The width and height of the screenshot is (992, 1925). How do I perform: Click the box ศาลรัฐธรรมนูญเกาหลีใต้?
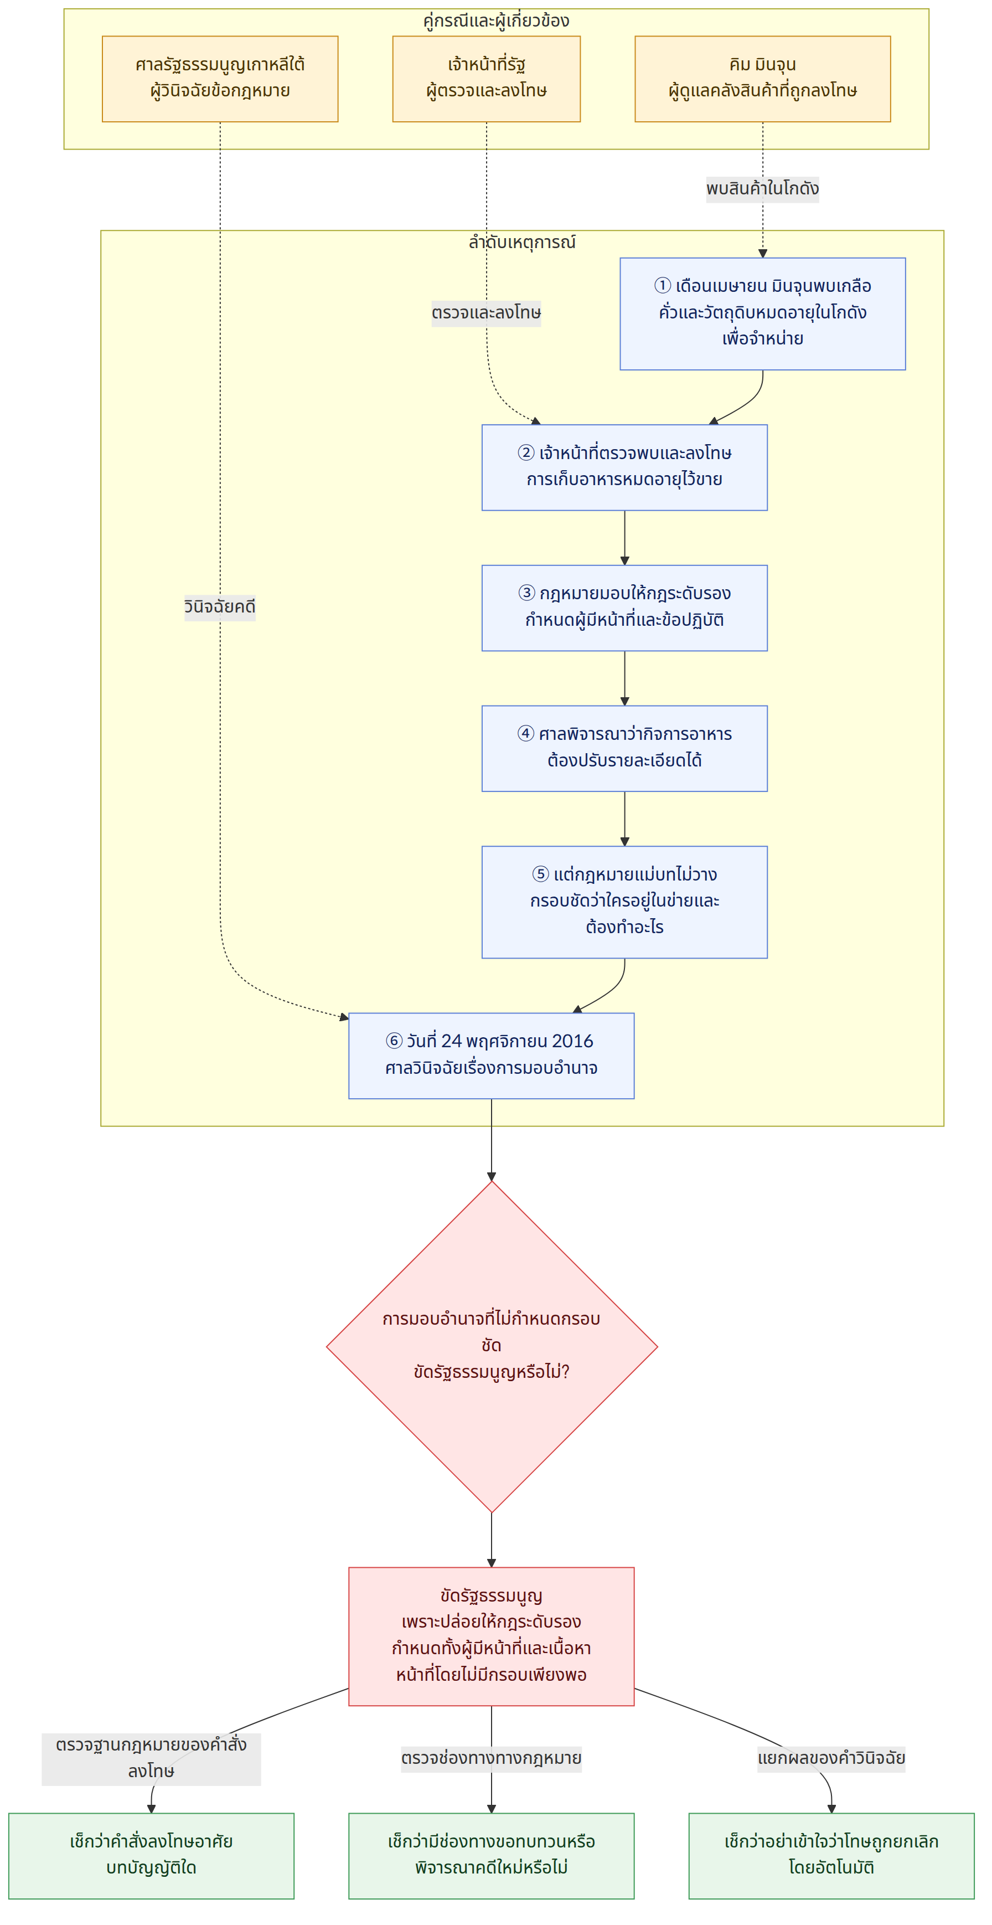pyautogui.click(x=220, y=79)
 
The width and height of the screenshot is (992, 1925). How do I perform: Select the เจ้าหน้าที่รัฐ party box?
pyautogui.click(x=486, y=79)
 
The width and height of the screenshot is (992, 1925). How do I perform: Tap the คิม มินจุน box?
pyautogui.click(x=763, y=79)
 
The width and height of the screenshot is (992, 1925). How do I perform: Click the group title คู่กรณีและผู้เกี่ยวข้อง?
pyautogui.click(x=496, y=20)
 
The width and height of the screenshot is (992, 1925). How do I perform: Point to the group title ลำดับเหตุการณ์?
pyautogui.click(x=522, y=241)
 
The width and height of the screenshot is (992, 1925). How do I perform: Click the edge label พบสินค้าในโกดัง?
pyautogui.click(x=763, y=188)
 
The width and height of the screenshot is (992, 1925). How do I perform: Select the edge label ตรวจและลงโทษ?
pyautogui.click(x=486, y=312)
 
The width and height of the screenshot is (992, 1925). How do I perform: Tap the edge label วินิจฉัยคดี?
pyautogui.click(x=220, y=606)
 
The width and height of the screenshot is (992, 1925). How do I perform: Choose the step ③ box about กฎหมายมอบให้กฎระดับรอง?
pyautogui.click(x=624, y=608)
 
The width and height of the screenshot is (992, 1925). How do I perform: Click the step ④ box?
pyautogui.click(x=624, y=749)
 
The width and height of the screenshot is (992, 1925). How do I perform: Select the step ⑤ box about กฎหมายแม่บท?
pyautogui.click(x=624, y=902)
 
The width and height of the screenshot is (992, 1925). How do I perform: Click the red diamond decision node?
pyautogui.click(x=492, y=1347)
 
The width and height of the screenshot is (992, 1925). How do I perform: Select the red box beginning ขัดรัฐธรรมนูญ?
pyautogui.click(x=492, y=1636)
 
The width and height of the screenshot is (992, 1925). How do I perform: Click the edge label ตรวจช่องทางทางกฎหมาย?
pyautogui.click(x=492, y=1758)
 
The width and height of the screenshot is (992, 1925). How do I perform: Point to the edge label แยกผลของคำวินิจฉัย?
pyautogui.click(x=831, y=1758)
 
